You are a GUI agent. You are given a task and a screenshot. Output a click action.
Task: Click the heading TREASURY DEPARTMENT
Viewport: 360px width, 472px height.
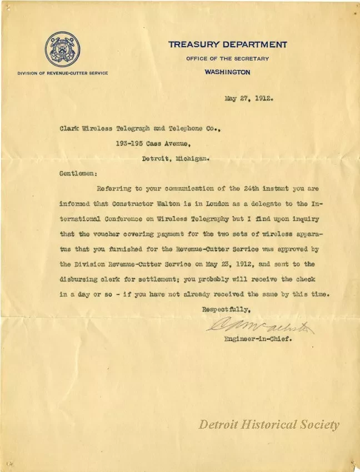tap(228, 44)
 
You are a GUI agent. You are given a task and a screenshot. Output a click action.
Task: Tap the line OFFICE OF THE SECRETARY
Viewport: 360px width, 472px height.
tap(228, 58)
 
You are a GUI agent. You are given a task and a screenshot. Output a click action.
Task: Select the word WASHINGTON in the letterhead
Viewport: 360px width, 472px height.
tap(227, 72)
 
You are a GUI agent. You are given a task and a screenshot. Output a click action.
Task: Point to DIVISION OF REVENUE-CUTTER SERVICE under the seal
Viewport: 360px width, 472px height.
tap(63, 73)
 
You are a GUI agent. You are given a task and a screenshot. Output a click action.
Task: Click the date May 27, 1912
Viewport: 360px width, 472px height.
tap(248, 99)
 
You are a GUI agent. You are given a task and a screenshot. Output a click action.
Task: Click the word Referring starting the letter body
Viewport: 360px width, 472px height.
tap(114, 188)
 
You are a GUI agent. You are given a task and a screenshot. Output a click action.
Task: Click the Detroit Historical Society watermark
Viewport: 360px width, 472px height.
tap(269, 425)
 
